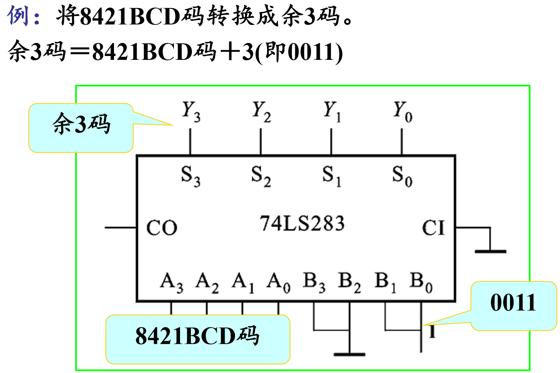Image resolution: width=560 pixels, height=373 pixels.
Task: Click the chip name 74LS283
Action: (x=302, y=223)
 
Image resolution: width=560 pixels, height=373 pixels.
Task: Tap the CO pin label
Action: (x=162, y=228)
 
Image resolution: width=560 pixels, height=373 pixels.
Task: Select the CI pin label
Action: (x=433, y=228)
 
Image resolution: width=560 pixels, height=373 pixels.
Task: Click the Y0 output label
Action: (x=403, y=111)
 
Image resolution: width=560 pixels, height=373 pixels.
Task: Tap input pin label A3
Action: (x=172, y=282)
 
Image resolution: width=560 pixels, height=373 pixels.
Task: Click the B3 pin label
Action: (x=314, y=282)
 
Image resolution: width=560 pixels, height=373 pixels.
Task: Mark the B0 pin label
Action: (x=421, y=282)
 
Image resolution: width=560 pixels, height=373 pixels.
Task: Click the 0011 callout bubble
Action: (x=513, y=306)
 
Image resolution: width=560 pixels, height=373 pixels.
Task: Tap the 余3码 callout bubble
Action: (x=81, y=127)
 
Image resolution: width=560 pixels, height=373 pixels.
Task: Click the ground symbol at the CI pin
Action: (x=490, y=251)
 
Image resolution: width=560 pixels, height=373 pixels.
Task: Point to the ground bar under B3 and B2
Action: (x=349, y=354)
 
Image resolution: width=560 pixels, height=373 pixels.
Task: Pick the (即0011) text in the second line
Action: (x=299, y=53)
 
